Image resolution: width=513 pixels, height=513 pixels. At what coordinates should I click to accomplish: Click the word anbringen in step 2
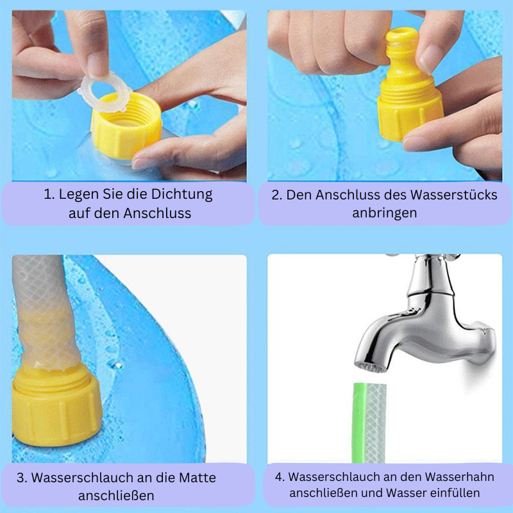384,213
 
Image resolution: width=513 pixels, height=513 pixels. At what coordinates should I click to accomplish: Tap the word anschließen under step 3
116,496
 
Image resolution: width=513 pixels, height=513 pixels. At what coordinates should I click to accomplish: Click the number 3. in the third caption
22,478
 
